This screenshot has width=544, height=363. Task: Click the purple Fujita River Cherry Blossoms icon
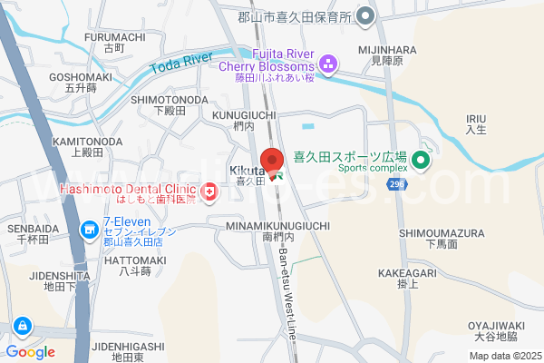(x=327, y=63)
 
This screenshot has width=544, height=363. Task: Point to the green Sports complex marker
(x=419, y=162)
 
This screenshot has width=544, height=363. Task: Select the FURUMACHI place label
(x=115, y=36)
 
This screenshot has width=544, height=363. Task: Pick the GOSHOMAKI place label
(x=81, y=77)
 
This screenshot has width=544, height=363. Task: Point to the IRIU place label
(x=477, y=119)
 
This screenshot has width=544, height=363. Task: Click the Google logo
(x=29, y=352)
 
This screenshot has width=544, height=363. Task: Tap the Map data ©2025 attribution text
(x=504, y=356)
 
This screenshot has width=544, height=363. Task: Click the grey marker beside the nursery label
(x=364, y=15)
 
